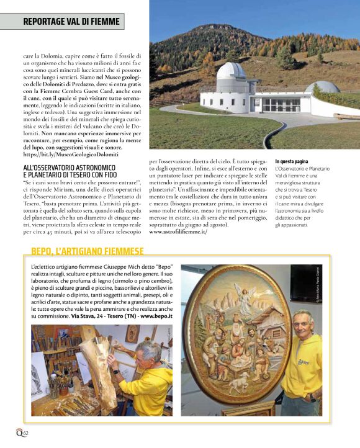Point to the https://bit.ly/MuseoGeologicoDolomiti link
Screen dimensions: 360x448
[74, 154]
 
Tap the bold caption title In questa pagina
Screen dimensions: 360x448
[294, 162]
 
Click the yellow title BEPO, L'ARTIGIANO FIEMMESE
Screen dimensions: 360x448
[88, 251]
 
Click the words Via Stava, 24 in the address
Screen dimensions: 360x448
[91, 316]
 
